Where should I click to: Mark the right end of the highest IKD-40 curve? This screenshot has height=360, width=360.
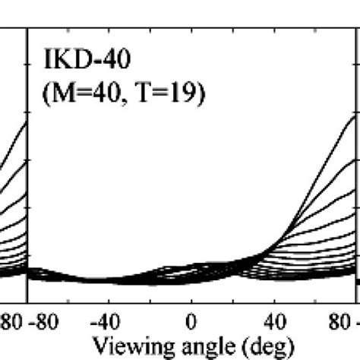[x=356, y=116]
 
